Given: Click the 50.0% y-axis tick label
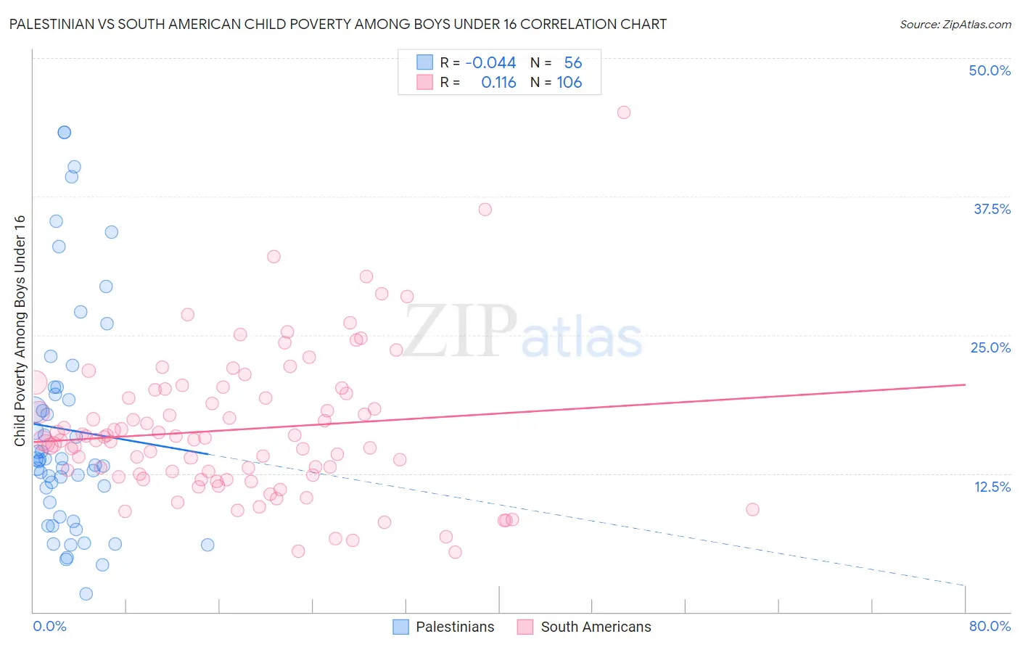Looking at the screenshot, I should click(990, 70).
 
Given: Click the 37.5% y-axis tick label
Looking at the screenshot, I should click(992, 209).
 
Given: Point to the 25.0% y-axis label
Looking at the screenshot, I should click(990, 347).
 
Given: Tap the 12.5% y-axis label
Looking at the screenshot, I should click(992, 487).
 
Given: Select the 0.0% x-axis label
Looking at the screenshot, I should click(49, 626).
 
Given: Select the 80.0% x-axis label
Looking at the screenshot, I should click(990, 626).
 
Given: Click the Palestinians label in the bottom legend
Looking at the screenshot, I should click(455, 627).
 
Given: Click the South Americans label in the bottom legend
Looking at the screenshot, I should click(596, 627).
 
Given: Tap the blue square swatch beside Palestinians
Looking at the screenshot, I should click(401, 627).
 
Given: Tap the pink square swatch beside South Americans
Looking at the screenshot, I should click(525, 627).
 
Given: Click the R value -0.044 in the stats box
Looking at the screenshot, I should click(490, 63).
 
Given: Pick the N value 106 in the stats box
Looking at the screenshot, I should click(569, 83).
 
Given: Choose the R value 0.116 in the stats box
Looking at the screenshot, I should click(498, 83).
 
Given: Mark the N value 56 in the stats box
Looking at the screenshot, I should click(573, 63).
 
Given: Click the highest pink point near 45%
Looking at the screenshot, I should click(623, 112).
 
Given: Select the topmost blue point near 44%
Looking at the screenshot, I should click(64, 132).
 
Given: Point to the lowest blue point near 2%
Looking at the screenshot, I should click(86, 594).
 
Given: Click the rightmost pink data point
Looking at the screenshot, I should click(752, 510).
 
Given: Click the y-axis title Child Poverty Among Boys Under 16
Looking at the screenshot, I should click(20, 331).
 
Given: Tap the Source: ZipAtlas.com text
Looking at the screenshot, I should click(955, 25).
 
